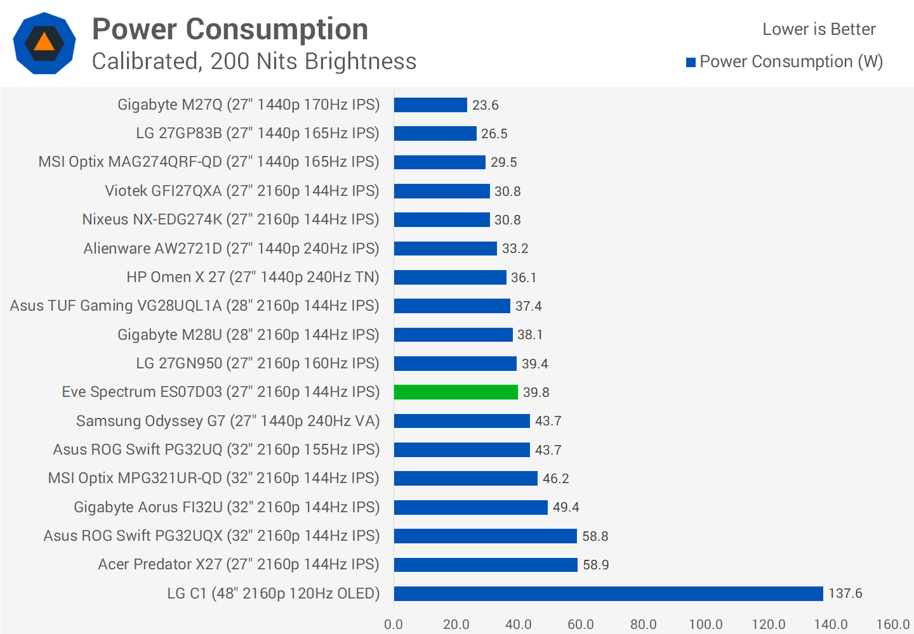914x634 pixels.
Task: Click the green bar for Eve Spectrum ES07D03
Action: point(456,392)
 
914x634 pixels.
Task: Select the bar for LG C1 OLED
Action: point(608,593)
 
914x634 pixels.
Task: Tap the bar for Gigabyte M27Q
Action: point(430,105)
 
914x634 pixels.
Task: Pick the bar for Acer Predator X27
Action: point(486,564)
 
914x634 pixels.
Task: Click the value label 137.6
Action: point(845,593)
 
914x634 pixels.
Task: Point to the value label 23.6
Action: point(486,105)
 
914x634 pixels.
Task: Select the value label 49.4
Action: point(566,507)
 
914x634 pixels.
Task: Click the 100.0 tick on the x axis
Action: point(706,624)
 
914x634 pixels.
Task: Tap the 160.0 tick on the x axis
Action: point(893,624)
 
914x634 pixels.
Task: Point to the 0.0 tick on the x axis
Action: point(394,624)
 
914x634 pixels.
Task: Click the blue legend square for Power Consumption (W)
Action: point(691,62)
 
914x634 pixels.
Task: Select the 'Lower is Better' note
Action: point(819,29)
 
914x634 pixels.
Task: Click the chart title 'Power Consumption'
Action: point(230,29)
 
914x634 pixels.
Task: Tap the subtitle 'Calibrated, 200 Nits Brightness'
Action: point(254,61)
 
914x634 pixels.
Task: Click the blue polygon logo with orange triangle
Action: point(44,43)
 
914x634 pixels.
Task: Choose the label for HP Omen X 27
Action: point(253,277)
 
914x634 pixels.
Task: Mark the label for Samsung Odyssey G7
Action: point(228,421)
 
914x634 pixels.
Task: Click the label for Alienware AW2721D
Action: point(231,249)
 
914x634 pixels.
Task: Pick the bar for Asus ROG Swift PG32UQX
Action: point(486,536)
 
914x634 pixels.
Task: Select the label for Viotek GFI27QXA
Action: point(242,191)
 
